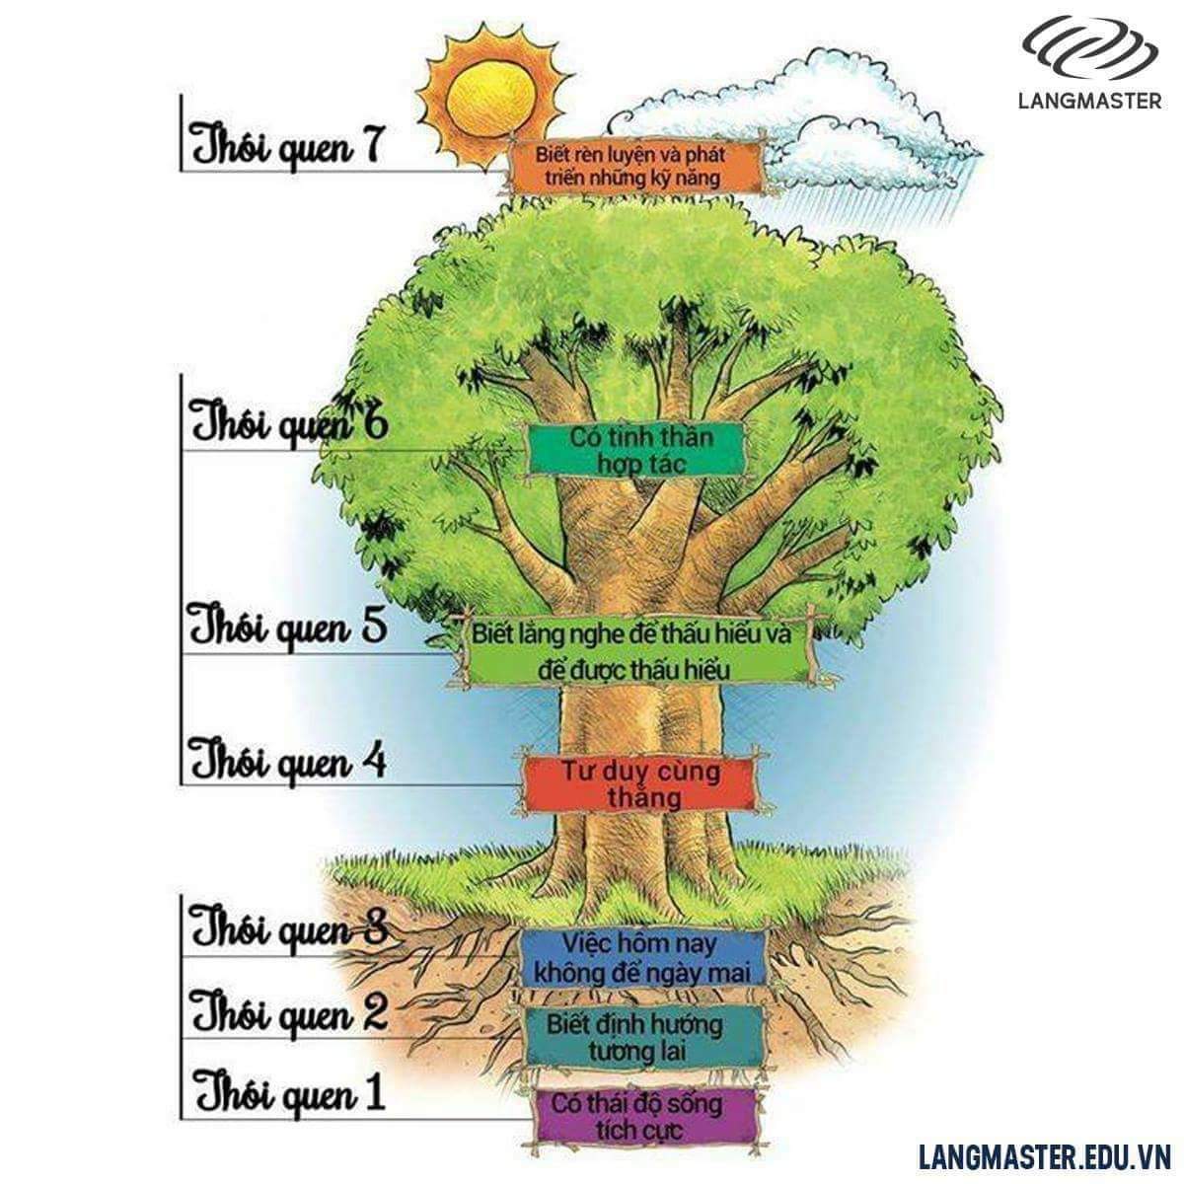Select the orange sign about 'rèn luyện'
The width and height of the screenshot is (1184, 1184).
[x=636, y=168]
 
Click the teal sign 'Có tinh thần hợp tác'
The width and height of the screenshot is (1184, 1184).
[x=636, y=450]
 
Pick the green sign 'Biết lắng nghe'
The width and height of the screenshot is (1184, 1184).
[x=635, y=651]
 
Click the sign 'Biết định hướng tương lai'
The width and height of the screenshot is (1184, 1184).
[x=642, y=1036]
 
